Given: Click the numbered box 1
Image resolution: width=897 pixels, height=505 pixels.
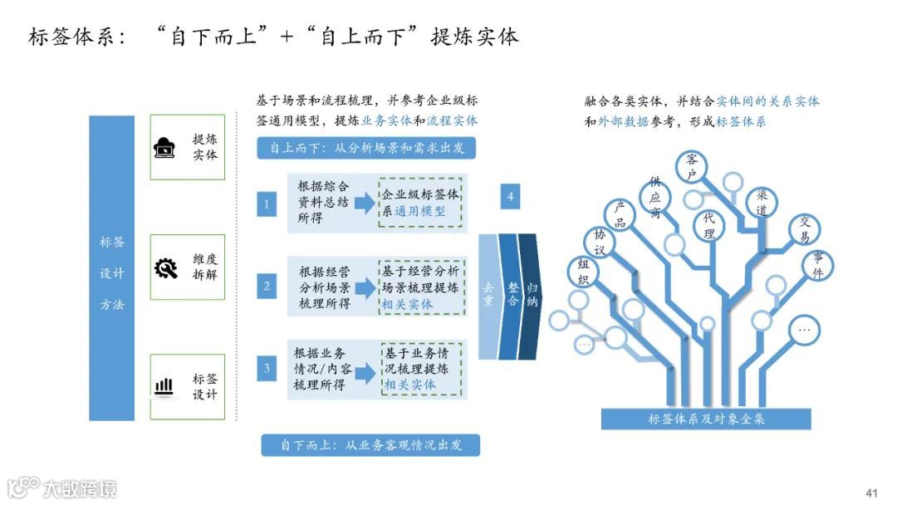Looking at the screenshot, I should click(266, 203).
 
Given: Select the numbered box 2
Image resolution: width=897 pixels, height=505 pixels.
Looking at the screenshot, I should click(266, 287).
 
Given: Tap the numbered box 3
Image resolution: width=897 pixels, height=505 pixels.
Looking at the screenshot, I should click(266, 368).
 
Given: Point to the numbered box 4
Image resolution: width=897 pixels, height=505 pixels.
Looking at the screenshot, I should click(511, 197).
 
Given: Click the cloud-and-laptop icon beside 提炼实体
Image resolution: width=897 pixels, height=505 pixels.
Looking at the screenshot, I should click(165, 148).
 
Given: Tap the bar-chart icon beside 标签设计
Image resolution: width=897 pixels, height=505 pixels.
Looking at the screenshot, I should click(165, 385).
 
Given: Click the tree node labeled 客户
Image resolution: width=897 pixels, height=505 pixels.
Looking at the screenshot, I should click(691, 166).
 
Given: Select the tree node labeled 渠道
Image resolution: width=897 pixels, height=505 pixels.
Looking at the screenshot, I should click(761, 203).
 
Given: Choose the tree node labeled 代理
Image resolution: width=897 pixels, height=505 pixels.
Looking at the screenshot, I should click(708, 225).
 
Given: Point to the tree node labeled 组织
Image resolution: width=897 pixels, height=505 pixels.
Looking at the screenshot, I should click(583, 272).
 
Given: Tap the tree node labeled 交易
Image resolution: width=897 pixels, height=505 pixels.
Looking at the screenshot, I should click(804, 229).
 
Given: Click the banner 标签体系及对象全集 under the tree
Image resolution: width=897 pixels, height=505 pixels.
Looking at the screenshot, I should click(705, 419).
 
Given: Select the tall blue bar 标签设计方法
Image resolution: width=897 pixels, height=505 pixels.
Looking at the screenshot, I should click(112, 267).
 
